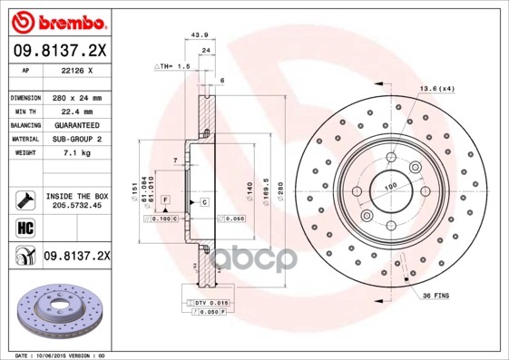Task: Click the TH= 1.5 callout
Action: pos(171,67)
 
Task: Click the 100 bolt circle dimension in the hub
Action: pos(392,188)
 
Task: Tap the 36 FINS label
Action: pos(435,297)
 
